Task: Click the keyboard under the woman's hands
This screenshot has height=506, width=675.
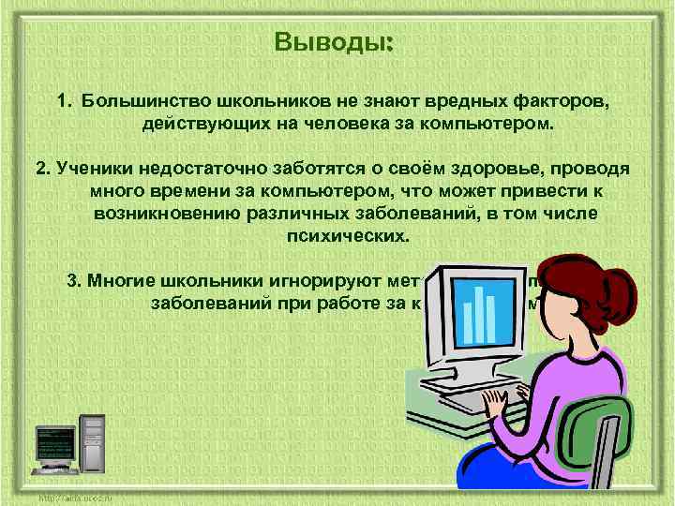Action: click(x=469, y=398)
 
